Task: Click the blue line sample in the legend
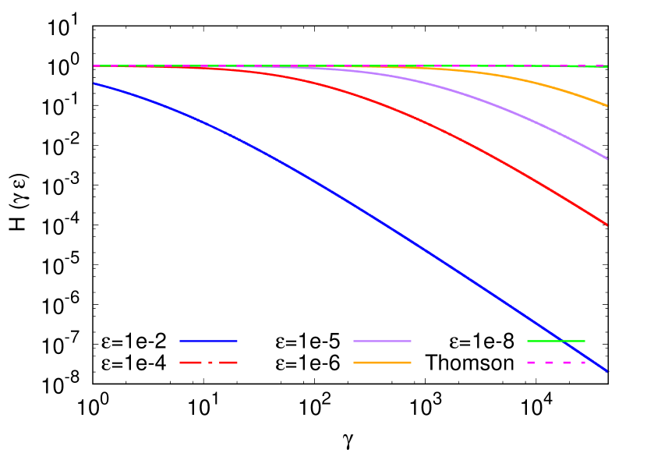pyautogui.click(x=208, y=341)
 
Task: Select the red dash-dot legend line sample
pyautogui.click(x=208, y=363)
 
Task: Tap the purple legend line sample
pyautogui.click(x=382, y=341)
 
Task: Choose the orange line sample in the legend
pyautogui.click(x=382, y=363)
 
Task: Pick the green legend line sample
pyautogui.click(x=556, y=341)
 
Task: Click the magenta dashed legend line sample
pyautogui.click(x=556, y=363)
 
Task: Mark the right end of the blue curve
pyautogui.click(x=607, y=371)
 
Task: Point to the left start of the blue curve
pyautogui.click(x=94, y=83)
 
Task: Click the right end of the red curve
pyautogui.click(x=607, y=225)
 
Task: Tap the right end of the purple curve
pyautogui.click(x=607, y=158)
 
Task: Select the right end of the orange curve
pyautogui.click(x=607, y=105)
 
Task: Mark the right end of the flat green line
pyautogui.click(x=607, y=66)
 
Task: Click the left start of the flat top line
pyautogui.click(x=94, y=65)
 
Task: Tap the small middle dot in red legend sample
pyautogui.click(x=208, y=363)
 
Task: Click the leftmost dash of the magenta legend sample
pyautogui.click(x=531, y=363)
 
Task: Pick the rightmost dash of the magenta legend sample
pyautogui.click(x=582, y=363)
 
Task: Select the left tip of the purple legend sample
pyautogui.click(x=354, y=341)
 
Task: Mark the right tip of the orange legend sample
pyautogui.click(x=410, y=363)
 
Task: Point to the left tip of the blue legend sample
pyautogui.click(x=180, y=341)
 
